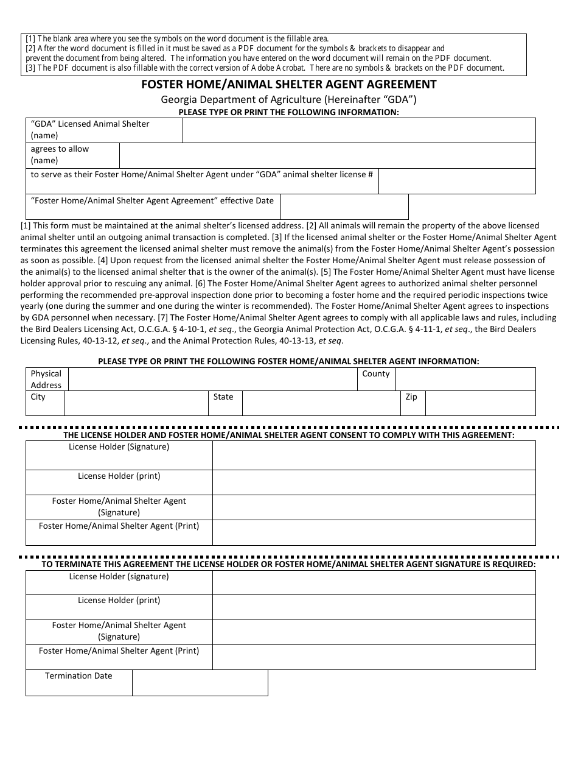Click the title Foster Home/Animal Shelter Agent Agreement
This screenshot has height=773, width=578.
289,85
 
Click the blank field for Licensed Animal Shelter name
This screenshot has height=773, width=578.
359,130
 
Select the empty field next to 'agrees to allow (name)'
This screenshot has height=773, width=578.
327,155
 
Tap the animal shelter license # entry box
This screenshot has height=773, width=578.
456,181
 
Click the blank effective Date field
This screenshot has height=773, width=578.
344,206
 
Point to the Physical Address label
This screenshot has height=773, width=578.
46,379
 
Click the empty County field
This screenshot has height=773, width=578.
465,379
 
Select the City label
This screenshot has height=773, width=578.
38,397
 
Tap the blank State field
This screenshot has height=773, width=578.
321,403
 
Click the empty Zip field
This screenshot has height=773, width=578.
480,403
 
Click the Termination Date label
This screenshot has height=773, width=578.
78,676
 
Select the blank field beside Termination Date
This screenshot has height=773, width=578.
200,683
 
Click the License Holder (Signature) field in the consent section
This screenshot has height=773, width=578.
374,455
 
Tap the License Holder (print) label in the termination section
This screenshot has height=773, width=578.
119,600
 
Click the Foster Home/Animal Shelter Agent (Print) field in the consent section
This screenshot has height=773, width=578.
374,532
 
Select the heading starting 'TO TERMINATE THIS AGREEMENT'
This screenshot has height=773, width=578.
288,564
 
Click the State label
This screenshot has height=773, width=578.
223,397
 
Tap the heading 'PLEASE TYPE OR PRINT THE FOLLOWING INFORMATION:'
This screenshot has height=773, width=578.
288,112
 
